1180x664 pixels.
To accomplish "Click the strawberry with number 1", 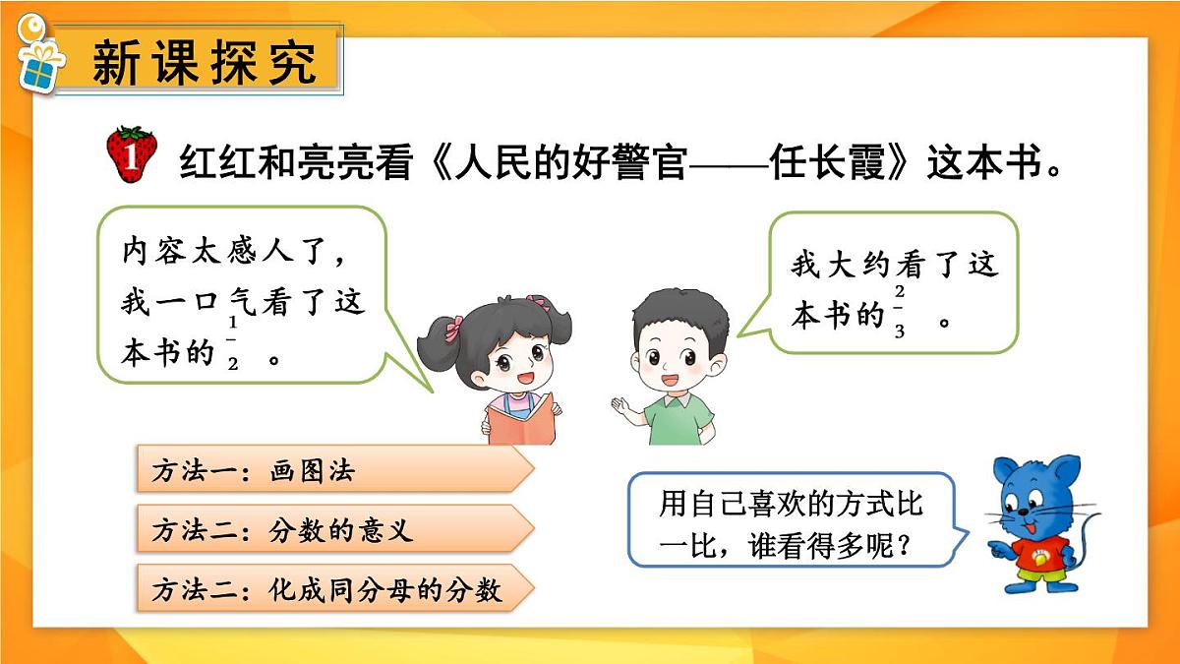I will point(131,154).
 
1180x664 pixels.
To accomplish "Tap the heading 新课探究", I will point(205,63).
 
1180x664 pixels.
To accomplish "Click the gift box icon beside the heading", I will point(39,60).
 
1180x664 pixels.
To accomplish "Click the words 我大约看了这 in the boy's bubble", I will point(894,264).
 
